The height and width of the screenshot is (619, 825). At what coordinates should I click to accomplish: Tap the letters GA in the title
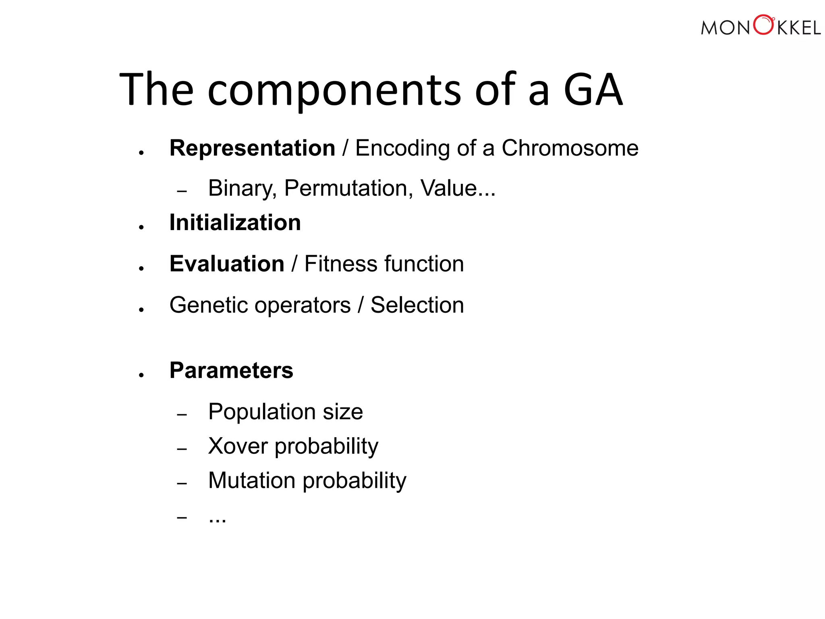point(593,90)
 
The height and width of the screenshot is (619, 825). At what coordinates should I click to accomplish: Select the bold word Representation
point(252,148)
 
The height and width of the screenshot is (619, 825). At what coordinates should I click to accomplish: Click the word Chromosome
point(570,148)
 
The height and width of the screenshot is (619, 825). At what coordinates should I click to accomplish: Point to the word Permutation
point(348,188)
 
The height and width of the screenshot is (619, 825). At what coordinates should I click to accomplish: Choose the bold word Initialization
point(235,222)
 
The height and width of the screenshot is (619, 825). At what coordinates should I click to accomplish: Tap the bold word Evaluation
point(227,264)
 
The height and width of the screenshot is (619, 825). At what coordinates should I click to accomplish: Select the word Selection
point(417,305)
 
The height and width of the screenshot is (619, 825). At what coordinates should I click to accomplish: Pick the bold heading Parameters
point(231,370)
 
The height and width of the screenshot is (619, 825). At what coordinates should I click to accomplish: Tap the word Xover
point(238,446)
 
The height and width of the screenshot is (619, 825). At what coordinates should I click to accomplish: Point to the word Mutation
point(252,480)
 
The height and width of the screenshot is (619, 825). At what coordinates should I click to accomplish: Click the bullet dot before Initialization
point(141,228)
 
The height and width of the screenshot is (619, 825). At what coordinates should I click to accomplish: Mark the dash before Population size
point(182,414)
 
